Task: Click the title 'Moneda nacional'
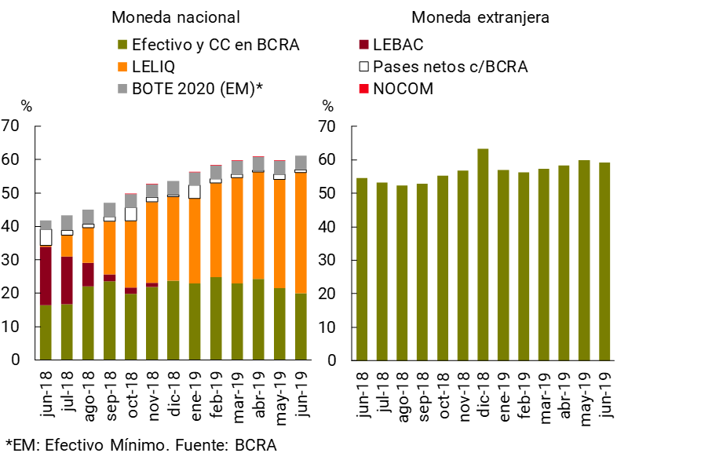coord(175,17)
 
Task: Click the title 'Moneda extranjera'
coord(480,17)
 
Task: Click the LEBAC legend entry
coord(398,45)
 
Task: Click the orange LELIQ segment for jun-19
coord(301,232)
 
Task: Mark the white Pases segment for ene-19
coord(195,192)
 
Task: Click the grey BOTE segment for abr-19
coord(258,163)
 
